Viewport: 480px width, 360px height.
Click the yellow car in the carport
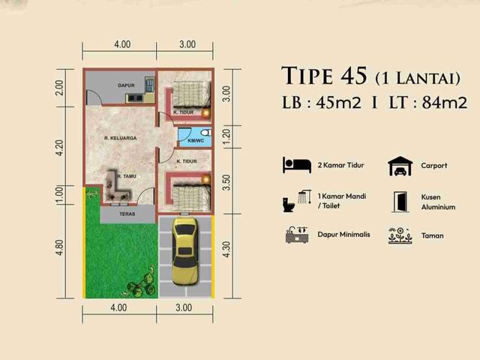[184, 252]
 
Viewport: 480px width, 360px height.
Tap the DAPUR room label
[127, 85]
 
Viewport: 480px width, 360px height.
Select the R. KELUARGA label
[120, 138]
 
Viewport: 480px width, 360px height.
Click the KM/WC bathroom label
[196, 140]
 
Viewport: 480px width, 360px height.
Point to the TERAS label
[127, 214]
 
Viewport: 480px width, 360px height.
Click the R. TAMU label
[126, 176]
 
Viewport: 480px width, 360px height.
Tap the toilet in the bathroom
[207, 133]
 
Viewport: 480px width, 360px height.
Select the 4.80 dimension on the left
[59, 247]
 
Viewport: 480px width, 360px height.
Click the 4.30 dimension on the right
[226, 249]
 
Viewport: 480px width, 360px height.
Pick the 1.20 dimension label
[226, 136]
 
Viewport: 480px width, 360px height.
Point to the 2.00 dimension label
[59, 88]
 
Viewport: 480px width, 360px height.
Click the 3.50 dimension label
[226, 182]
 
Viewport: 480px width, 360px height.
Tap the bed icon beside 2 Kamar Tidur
[297, 165]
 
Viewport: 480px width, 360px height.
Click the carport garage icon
[400, 166]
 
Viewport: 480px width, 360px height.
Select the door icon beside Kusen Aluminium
[400, 202]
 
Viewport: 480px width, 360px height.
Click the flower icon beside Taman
[400, 235]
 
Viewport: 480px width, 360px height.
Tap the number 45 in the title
[354, 76]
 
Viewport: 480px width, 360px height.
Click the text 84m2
[445, 103]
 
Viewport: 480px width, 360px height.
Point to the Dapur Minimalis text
[343, 235]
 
